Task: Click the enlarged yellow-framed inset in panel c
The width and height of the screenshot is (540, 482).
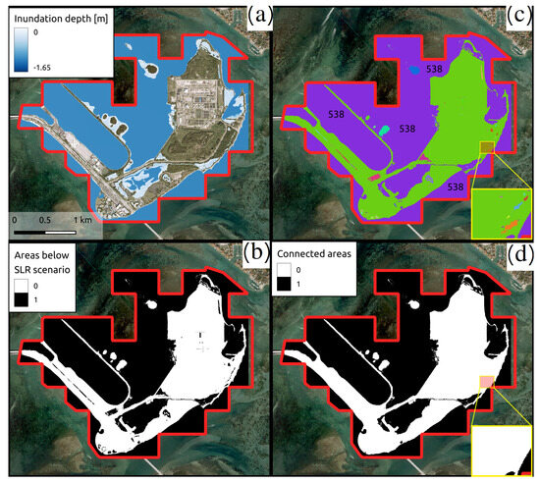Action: point(504,210)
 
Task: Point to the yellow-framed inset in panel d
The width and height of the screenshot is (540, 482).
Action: point(504,449)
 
